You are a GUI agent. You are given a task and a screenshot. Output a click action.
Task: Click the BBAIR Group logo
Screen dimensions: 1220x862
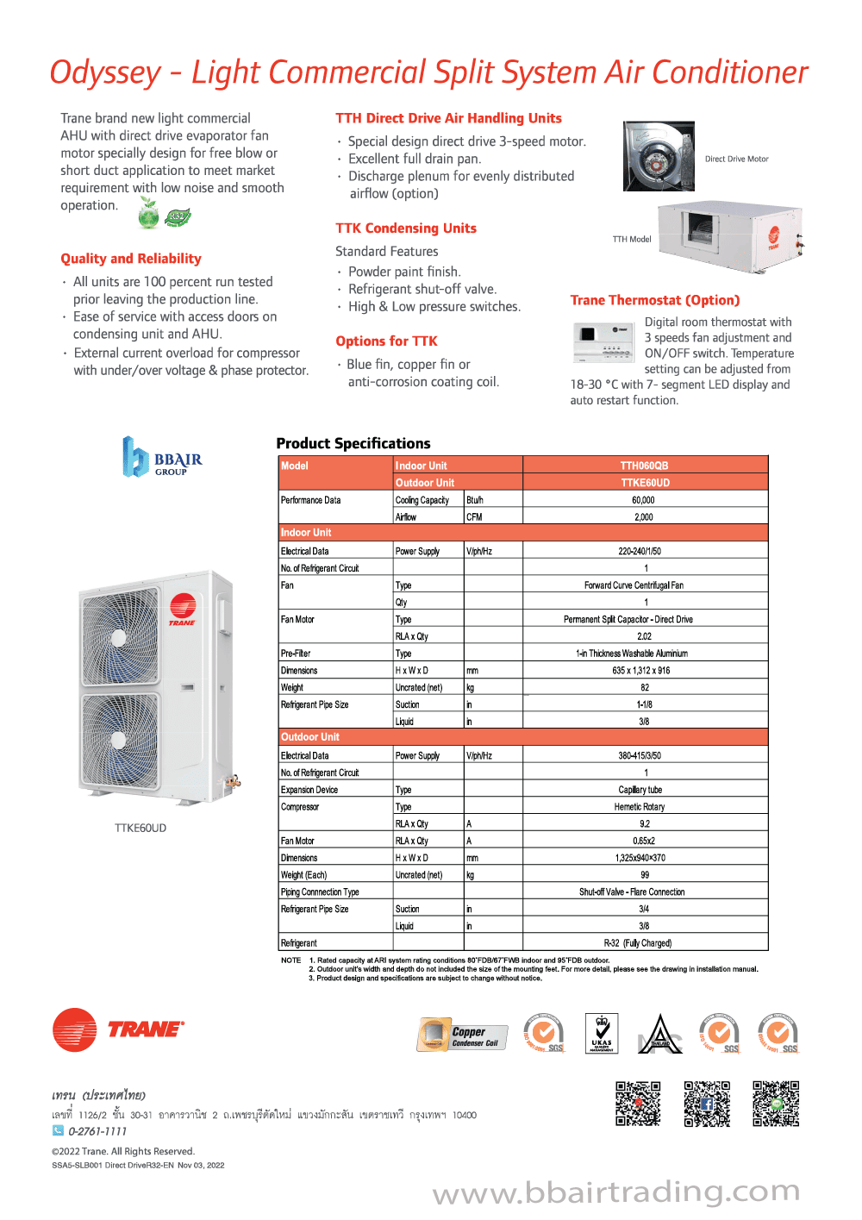[x=162, y=457]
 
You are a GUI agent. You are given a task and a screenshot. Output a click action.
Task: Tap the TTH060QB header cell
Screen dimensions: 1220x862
[x=644, y=466]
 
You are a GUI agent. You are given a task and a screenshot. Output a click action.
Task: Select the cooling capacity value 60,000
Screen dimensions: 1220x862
[x=643, y=500]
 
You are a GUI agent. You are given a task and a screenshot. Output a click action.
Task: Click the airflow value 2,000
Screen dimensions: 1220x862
[x=643, y=517]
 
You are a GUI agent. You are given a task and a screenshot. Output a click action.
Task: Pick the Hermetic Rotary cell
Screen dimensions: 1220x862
[x=639, y=807]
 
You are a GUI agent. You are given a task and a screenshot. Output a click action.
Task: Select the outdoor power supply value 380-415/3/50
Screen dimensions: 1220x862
[x=639, y=756]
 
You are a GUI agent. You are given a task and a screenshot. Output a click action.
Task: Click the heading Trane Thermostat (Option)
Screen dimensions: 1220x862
[x=654, y=300]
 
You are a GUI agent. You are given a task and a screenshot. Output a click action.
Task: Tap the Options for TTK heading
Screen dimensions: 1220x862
[x=386, y=341]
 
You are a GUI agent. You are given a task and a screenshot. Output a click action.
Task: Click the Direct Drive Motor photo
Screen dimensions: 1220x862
[x=659, y=156]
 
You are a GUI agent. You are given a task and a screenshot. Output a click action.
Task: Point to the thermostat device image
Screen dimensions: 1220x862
[x=603, y=342]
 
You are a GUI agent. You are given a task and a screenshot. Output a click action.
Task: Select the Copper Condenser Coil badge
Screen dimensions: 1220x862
[x=462, y=1034]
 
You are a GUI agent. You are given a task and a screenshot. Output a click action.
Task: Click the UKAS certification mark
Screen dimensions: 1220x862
[x=601, y=1033]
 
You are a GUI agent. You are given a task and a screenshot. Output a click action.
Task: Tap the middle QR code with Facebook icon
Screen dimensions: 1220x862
[x=707, y=1104]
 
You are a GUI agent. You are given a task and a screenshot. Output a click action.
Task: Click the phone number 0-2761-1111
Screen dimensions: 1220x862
[x=97, y=1131]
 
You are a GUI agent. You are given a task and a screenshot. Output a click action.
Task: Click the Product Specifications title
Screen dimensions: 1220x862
[x=353, y=443]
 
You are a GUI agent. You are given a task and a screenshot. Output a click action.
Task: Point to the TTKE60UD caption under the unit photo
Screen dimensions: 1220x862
[x=141, y=828]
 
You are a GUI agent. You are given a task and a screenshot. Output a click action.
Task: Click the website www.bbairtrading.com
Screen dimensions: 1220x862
[x=615, y=1192]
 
